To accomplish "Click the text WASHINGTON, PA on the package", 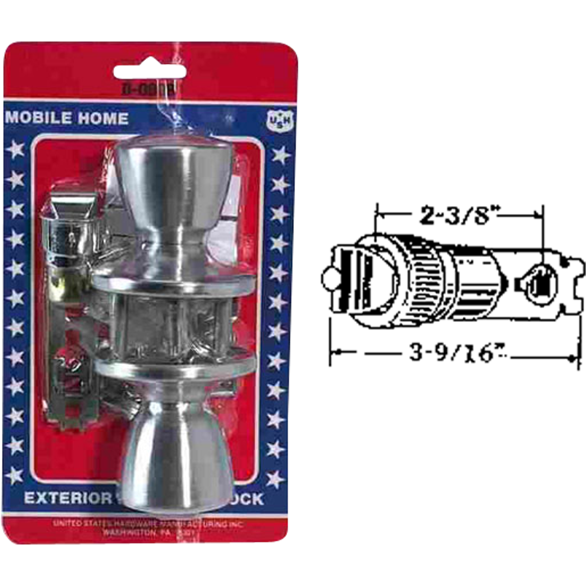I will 146,533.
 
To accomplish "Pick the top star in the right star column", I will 280,156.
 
